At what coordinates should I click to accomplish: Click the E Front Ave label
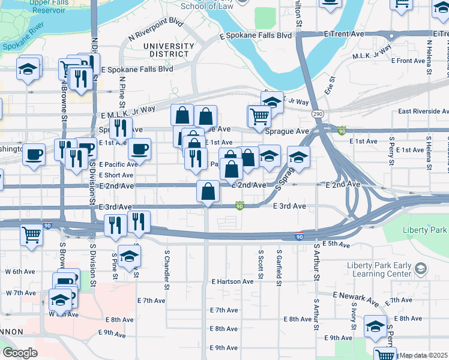point(408,61)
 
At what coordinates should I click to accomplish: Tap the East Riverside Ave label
point(423,111)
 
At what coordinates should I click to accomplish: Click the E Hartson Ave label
point(232,281)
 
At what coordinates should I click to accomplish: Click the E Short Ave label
point(116,175)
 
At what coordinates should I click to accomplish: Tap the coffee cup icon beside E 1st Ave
point(139,149)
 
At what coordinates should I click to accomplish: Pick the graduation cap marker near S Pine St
point(128,256)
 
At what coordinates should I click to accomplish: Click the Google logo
point(20,353)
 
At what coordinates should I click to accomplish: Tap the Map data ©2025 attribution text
point(423,355)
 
